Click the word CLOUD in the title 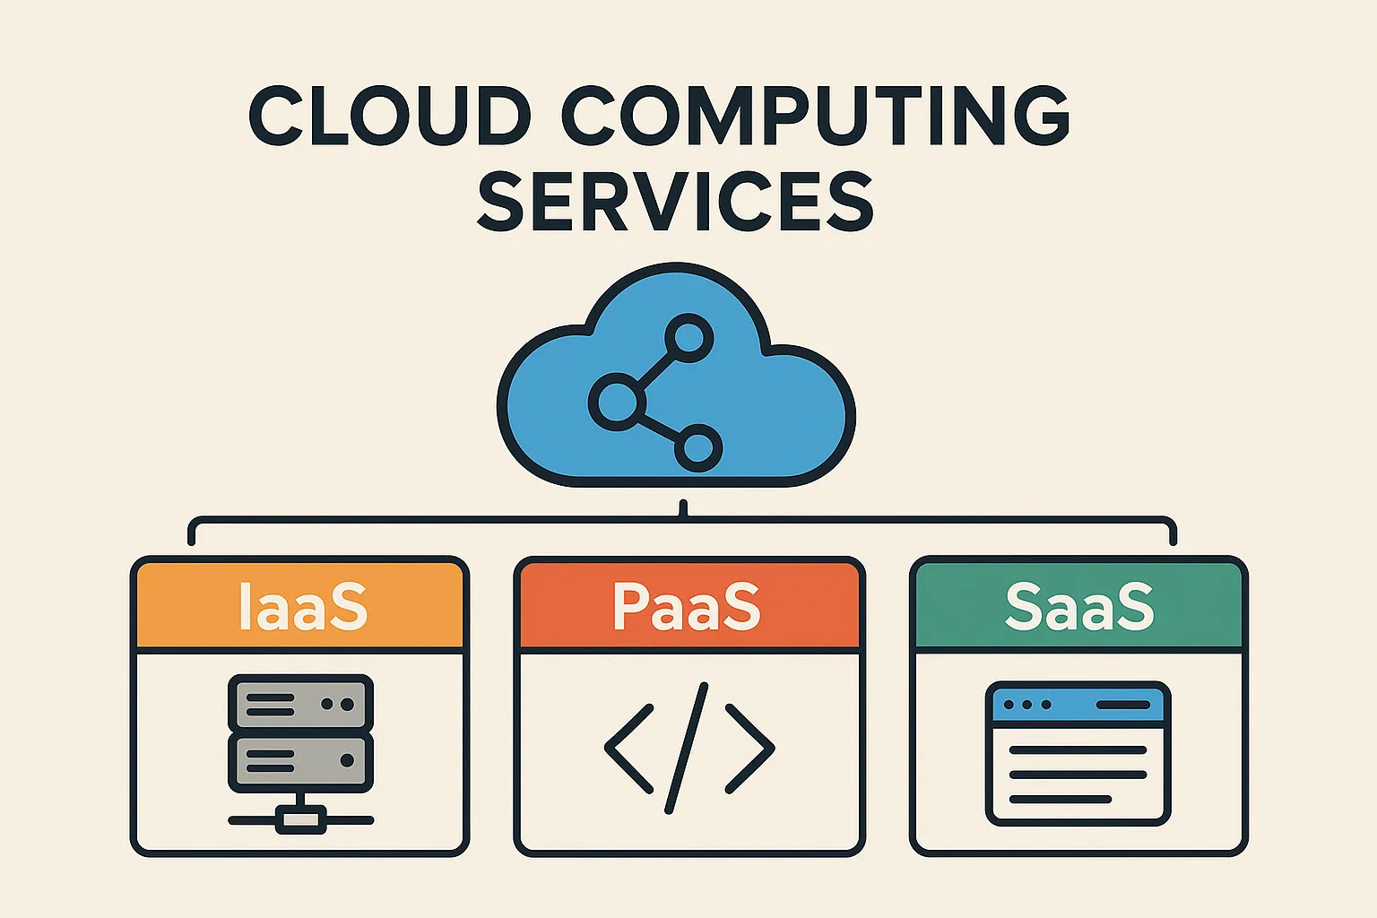coord(390,115)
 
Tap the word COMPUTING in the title coord(816,115)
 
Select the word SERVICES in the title coord(676,201)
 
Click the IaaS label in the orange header coord(303,606)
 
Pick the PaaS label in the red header coord(687,606)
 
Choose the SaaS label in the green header coord(1079,606)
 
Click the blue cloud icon coord(676,375)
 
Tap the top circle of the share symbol coord(689,338)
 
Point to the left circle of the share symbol coord(617,402)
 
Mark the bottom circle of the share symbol coord(697,447)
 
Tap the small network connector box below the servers coord(300,819)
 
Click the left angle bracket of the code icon coord(628,749)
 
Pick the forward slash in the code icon coord(687,749)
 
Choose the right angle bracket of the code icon coord(750,749)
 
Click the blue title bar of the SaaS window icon coord(1078,705)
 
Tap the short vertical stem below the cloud coord(683,508)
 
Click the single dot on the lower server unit coord(347,760)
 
